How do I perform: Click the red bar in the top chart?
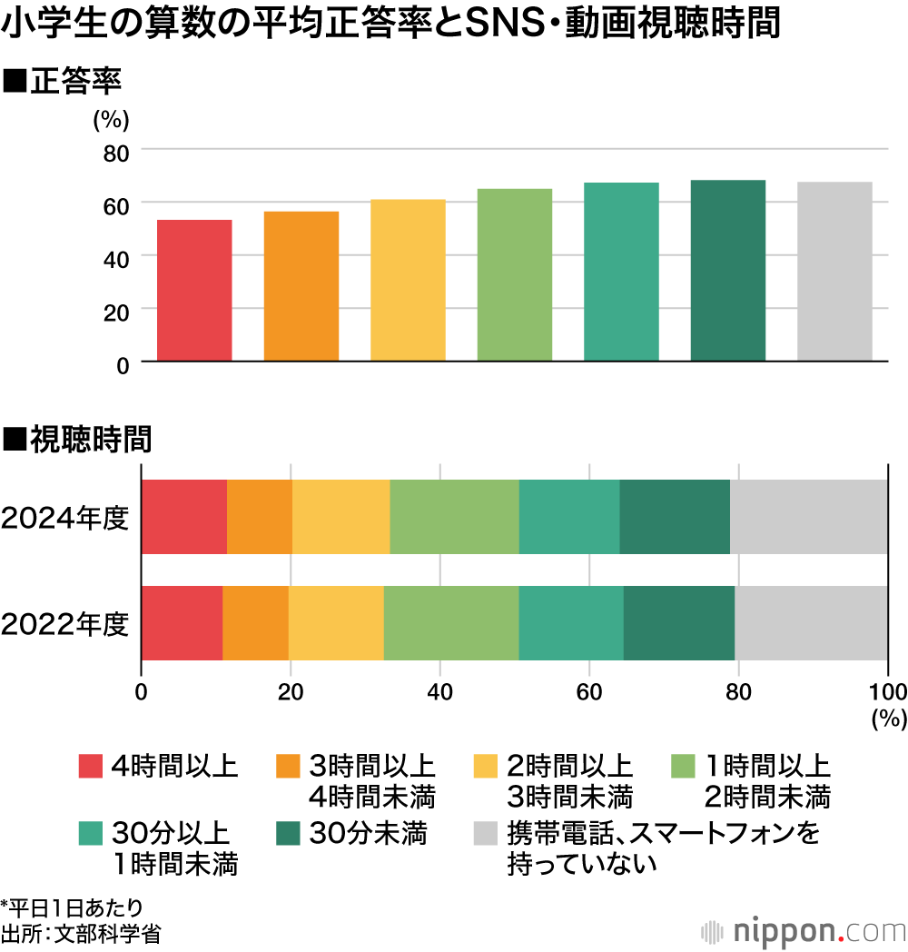(x=194, y=291)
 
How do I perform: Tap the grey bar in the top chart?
(x=834, y=272)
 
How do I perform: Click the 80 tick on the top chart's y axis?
(x=115, y=150)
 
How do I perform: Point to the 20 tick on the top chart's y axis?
(x=115, y=309)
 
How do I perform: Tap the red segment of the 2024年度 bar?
(x=183, y=517)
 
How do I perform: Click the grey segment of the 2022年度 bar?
(x=811, y=623)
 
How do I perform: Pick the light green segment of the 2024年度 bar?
(x=454, y=517)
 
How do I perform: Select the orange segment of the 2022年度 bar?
(x=255, y=623)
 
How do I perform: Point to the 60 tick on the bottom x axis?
(x=589, y=691)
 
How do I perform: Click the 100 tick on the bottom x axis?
(x=887, y=691)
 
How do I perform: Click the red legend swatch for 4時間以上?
(x=91, y=767)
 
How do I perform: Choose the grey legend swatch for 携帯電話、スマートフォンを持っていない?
(x=488, y=833)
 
